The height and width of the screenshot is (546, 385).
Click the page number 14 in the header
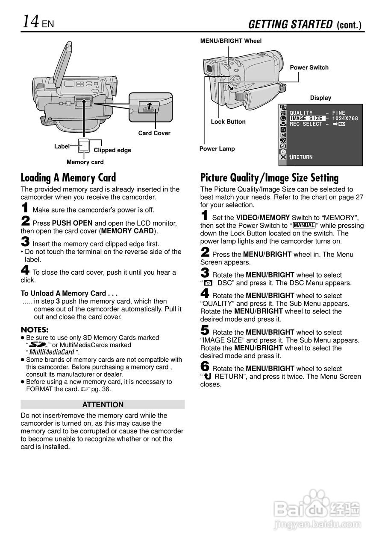point(30,21)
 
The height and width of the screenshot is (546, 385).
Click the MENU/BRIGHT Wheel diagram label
point(231,41)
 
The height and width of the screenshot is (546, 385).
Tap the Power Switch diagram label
point(309,67)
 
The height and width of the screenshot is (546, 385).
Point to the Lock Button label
point(228,122)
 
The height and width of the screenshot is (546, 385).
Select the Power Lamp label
point(217,149)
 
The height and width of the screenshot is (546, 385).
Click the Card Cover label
point(154,133)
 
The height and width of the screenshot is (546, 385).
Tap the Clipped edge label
point(112,150)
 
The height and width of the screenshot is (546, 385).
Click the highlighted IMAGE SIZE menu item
point(307,119)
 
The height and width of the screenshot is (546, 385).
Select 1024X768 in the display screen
point(345,119)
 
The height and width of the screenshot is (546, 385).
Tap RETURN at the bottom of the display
point(301,157)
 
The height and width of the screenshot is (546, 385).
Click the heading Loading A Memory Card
point(68,178)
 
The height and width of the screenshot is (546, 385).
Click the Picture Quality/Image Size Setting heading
point(269,178)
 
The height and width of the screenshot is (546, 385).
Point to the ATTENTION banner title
point(103,405)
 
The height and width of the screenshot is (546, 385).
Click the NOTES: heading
point(35,330)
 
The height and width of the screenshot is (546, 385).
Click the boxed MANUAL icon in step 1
point(304,225)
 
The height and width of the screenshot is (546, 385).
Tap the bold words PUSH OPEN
point(72,223)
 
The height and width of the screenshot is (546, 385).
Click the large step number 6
point(205,366)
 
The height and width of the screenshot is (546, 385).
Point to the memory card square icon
point(84,146)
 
